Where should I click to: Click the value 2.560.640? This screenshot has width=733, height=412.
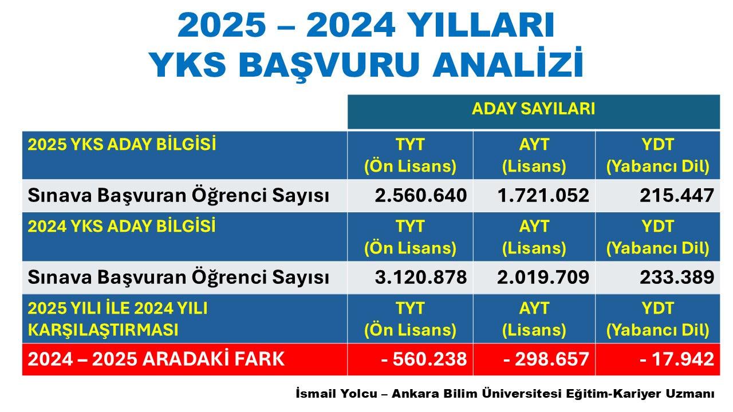tap(421, 196)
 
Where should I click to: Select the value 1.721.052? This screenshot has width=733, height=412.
tap(543, 196)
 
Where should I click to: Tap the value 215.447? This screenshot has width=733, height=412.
tap(677, 196)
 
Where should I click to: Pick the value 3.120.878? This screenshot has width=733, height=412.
tap(421, 278)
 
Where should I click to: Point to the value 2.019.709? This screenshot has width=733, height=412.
tap(543, 278)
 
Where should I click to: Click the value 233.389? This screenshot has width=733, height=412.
tap(677, 278)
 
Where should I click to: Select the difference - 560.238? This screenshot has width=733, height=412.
tap(424, 359)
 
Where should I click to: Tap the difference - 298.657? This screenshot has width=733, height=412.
tap(546, 359)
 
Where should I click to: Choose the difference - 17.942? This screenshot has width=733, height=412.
tap(677, 359)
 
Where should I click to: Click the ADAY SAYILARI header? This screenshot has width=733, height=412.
tap(533, 109)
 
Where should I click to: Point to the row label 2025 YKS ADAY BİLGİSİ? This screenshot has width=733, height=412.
tap(122, 144)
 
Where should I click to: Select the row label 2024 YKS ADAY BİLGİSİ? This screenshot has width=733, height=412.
tap(122, 226)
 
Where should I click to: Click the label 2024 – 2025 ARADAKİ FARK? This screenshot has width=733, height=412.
tap(156, 359)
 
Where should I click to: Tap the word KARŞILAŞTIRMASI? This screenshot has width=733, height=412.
tap(103, 330)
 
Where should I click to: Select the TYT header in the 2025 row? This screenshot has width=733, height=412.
tap(410, 144)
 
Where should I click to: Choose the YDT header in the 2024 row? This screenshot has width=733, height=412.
tap(657, 226)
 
